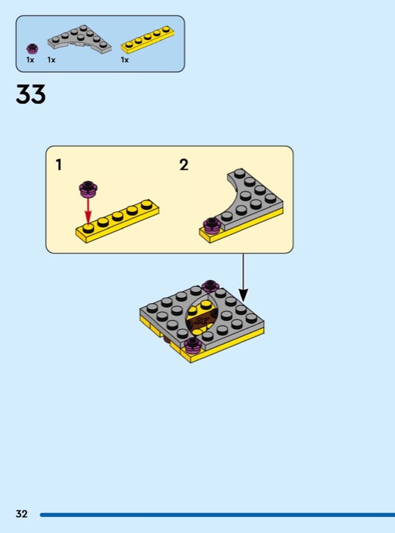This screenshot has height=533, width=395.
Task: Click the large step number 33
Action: click(31, 94)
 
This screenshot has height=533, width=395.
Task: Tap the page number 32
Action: click(21, 514)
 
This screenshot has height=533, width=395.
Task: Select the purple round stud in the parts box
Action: click(32, 49)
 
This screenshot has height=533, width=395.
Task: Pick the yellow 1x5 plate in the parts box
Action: click(149, 39)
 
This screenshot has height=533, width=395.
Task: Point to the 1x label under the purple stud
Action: click(30, 60)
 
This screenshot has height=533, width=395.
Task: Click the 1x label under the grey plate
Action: click(51, 60)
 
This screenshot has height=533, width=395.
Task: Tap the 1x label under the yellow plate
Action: click(125, 60)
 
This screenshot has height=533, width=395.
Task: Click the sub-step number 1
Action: click(59, 165)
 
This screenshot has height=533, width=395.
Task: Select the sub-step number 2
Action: click(184, 165)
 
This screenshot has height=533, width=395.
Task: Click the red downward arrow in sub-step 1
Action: click(88, 211)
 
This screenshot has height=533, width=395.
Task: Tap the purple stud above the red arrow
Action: click(89, 189)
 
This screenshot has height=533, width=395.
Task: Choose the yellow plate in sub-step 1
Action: click(117, 221)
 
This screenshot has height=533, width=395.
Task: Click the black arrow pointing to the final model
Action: click(243, 278)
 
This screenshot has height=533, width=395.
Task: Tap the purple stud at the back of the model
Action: click(210, 286)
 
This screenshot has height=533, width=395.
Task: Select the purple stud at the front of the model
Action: click(193, 344)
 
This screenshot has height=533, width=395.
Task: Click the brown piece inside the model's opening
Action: click(201, 320)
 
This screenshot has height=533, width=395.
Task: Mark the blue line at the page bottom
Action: click(217, 514)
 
